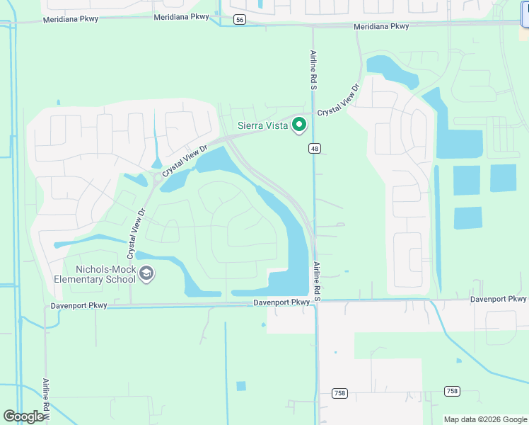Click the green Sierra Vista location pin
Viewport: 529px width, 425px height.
point(299,125)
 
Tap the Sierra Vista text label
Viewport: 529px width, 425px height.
point(262,126)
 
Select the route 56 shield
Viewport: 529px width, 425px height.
point(240,20)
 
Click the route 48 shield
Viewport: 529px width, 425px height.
point(315,148)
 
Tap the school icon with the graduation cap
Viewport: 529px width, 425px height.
point(146,273)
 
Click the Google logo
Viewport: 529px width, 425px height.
point(24,416)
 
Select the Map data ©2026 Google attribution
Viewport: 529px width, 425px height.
point(484,419)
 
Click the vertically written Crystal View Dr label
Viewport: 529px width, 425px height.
point(136,232)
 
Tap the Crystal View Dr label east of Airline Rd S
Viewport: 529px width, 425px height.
point(339,102)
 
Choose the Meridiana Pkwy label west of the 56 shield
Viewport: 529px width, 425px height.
point(70,19)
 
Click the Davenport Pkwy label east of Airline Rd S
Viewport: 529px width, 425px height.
point(499,299)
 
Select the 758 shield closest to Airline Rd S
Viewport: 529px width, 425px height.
point(340,392)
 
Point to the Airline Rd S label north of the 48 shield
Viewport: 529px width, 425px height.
point(313,69)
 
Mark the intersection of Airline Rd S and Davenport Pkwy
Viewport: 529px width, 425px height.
point(316,302)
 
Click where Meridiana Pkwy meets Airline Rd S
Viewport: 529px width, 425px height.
point(313,26)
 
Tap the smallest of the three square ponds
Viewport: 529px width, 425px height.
point(467,217)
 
